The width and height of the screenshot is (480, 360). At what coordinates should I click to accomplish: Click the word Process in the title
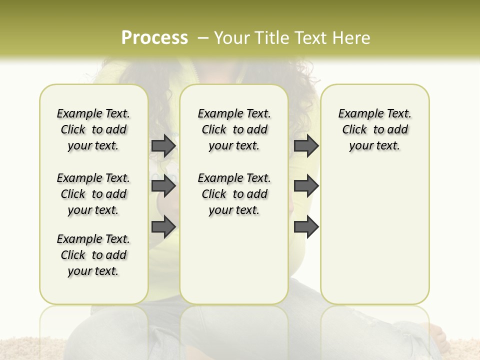(x=154, y=38)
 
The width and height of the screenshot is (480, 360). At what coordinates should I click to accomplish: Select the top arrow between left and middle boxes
(x=163, y=146)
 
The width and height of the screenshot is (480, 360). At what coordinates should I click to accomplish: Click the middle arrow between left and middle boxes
(x=163, y=186)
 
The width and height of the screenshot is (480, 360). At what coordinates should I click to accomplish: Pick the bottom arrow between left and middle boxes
(x=163, y=226)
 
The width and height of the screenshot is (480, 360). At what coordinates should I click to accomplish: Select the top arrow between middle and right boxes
(x=306, y=146)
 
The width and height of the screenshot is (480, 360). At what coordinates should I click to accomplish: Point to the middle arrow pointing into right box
(x=306, y=186)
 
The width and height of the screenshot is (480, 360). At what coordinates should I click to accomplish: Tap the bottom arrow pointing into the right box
(x=306, y=226)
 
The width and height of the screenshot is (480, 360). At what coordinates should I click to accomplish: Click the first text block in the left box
(x=93, y=129)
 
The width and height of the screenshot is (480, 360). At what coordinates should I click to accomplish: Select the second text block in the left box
(x=93, y=194)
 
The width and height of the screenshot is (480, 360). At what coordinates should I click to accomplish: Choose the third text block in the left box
(x=93, y=255)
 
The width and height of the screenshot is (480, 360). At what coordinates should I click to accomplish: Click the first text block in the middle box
(x=234, y=129)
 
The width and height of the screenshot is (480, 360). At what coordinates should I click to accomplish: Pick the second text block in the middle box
(x=234, y=194)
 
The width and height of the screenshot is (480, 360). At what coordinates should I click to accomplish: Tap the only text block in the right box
(x=374, y=129)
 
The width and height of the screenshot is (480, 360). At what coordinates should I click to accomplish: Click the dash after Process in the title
(x=202, y=38)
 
